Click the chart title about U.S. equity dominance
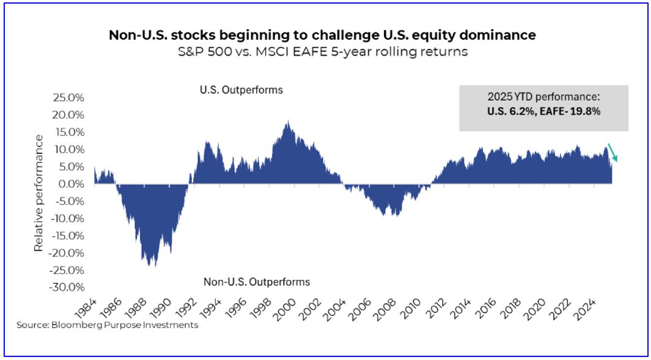322,35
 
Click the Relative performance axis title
39,193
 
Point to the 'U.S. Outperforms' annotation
241,90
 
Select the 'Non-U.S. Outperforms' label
256,282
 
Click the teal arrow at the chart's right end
613,153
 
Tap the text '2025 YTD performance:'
543,97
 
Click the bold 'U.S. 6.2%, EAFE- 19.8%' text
543,111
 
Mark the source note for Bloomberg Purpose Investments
108,325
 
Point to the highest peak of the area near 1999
287,122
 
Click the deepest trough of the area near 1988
150,265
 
